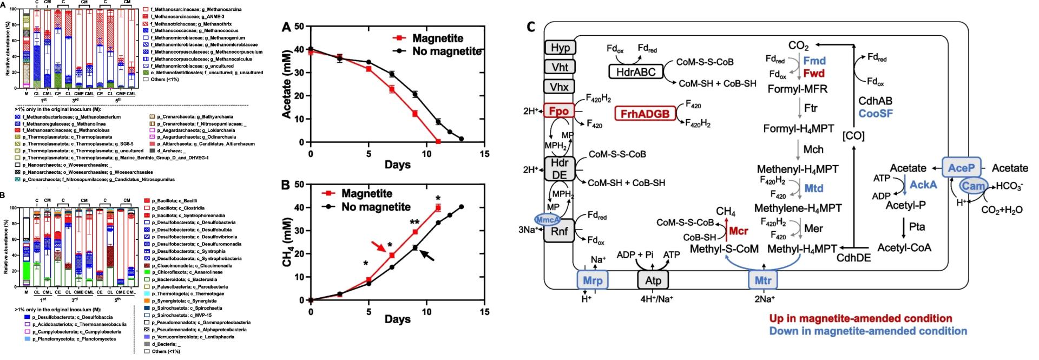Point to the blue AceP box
[961, 168]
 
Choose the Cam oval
[972, 187]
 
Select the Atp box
[653, 281]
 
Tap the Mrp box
[593, 281]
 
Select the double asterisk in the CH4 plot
[415, 222]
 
